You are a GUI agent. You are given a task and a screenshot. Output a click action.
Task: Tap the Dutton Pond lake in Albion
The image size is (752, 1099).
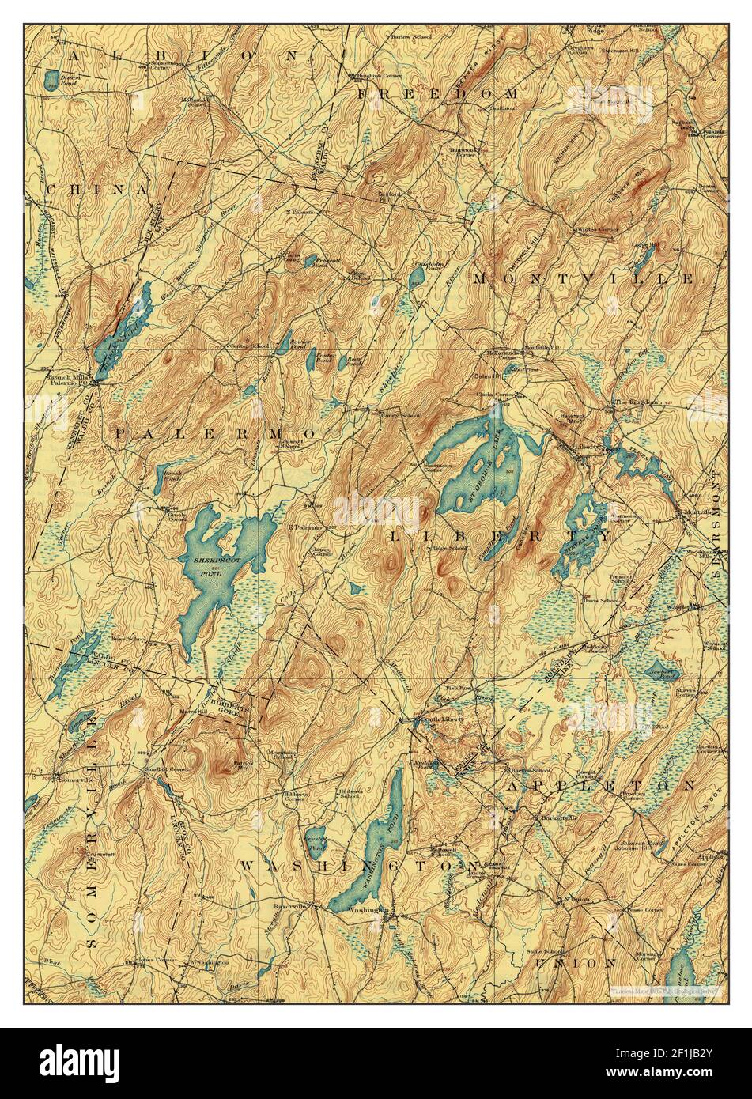(x=52, y=77)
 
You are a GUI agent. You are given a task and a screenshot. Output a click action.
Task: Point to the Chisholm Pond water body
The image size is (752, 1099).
(x=416, y=276)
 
